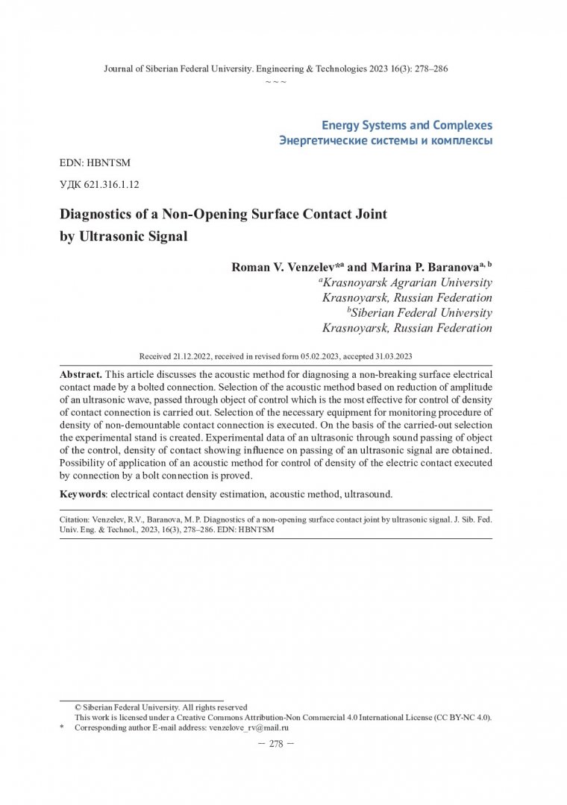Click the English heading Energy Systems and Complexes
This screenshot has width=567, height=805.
(407, 125)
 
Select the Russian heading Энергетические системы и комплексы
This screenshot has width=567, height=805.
(385, 141)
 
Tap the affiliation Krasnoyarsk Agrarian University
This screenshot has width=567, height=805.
(407, 282)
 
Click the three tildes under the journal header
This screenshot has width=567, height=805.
(276, 81)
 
